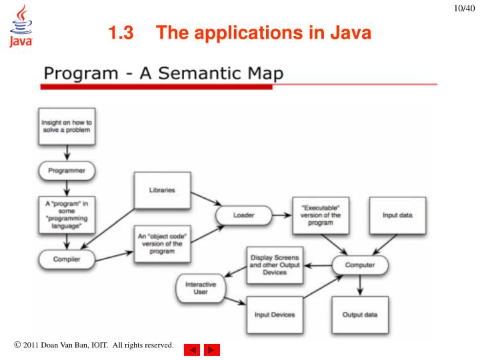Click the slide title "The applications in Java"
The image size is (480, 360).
tap(240, 33)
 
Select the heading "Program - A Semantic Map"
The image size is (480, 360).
tap(164, 73)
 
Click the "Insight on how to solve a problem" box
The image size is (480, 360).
tap(66, 127)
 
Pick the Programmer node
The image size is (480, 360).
tap(67, 171)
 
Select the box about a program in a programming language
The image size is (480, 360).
tap(66, 213)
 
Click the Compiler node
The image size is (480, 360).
tap(67, 259)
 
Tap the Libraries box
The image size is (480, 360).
tap(162, 190)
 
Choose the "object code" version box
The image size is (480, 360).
tap(162, 243)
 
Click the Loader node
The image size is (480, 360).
tap(243, 215)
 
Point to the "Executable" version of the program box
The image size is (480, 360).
tap(320, 215)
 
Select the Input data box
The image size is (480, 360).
tap(397, 215)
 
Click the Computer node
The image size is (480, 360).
tap(359, 265)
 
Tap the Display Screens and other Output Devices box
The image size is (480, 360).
tap(275, 264)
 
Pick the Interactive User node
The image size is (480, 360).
tap(201, 288)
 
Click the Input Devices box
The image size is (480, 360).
tap(275, 314)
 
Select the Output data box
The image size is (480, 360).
tap(360, 314)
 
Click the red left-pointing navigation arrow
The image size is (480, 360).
tap(191, 349)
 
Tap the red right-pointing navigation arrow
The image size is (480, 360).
tap(212, 349)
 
